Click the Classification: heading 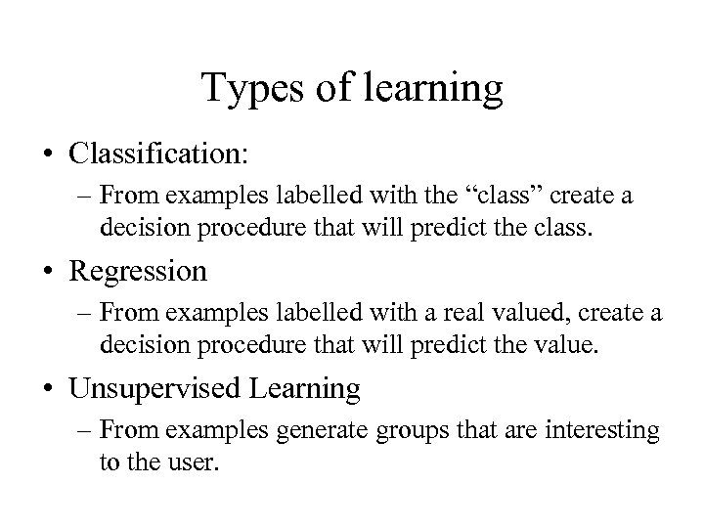click(160, 155)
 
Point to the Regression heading click(138, 271)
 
